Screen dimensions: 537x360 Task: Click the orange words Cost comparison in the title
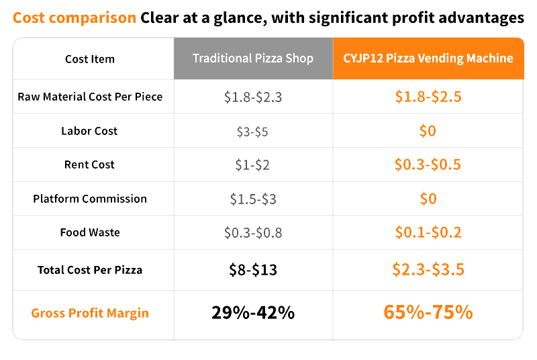(75, 18)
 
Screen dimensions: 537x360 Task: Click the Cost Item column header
(90, 59)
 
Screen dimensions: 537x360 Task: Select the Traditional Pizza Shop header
(253, 58)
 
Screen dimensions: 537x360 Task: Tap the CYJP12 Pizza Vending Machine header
(428, 58)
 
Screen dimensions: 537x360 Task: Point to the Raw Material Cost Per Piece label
(90, 97)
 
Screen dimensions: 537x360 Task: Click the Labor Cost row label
(89, 131)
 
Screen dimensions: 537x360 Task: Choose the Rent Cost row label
(89, 165)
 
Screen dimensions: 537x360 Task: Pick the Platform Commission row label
(90, 199)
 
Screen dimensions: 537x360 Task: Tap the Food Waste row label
(90, 232)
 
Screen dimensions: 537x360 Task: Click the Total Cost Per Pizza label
(90, 270)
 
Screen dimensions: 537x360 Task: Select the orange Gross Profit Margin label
(90, 313)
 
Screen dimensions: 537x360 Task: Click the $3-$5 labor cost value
(252, 132)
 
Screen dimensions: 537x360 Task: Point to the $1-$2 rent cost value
(252, 165)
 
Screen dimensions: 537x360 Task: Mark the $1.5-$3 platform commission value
(253, 199)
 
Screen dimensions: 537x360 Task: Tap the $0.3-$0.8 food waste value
(253, 233)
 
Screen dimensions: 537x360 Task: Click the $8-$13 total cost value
(253, 270)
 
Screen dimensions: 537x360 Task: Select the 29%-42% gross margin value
(253, 313)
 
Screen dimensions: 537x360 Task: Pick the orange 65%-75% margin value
(428, 312)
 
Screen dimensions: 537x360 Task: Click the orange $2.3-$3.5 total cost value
(428, 269)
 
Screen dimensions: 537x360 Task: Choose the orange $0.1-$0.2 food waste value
(428, 232)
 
